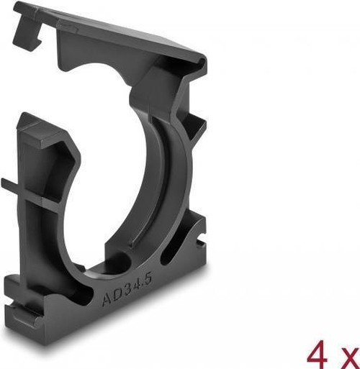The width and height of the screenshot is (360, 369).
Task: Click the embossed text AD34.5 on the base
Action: point(127,290)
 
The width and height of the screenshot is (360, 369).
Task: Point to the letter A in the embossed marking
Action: point(107,299)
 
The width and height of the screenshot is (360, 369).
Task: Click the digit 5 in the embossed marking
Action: point(148,280)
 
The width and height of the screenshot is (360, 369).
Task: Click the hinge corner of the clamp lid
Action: point(199,63)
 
